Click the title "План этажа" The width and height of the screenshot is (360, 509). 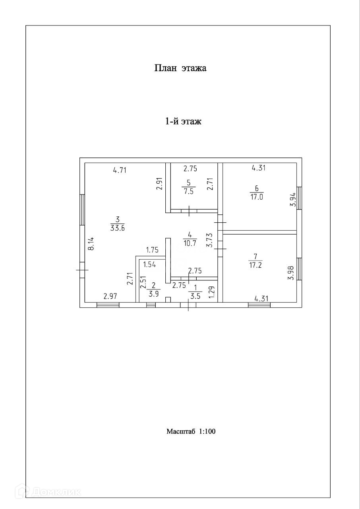pyautogui.click(x=180, y=68)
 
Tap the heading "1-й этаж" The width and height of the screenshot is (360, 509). pyautogui.click(x=183, y=121)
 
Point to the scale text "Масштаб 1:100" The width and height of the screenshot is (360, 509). pyautogui.click(x=191, y=431)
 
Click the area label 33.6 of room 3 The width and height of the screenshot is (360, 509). pyautogui.click(x=117, y=228)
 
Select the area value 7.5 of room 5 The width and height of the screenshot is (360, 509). pyautogui.click(x=188, y=190)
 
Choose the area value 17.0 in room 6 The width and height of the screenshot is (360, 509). pyautogui.click(x=257, y=196)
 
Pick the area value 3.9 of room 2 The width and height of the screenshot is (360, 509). pyautogui.click(x=153, y=293)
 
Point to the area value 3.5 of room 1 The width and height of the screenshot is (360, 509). pyautogui.click(x=195, y=295)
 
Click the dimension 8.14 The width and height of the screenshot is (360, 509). pyautogui.click(x=91, y=243)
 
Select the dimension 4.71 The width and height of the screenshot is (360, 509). pyautogui.click(x=120, y=171)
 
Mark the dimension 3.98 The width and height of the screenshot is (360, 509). pyautogui.click(x=291, y=272)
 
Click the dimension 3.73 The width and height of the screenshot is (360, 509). pyautogui.click(x=210, y=241)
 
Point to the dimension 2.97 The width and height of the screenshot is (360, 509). pyautogui.click(x=110, y=296)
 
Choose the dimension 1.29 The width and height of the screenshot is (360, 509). pyautogui.click(x=211, y=292)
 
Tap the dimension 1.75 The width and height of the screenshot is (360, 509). pyautogui.click(x=153, y=250)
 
